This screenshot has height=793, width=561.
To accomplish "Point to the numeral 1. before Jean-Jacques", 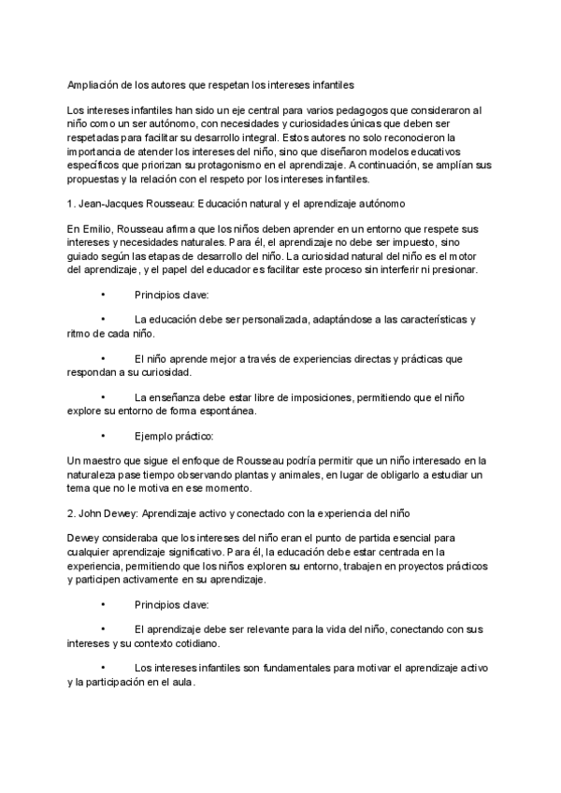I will pyautogui.click(x=73, y=203).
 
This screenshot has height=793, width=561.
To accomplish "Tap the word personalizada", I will pyautogui.click(x=280, y=320).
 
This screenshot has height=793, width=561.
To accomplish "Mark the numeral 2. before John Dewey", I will pyautogui.click(x=73, y=514).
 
